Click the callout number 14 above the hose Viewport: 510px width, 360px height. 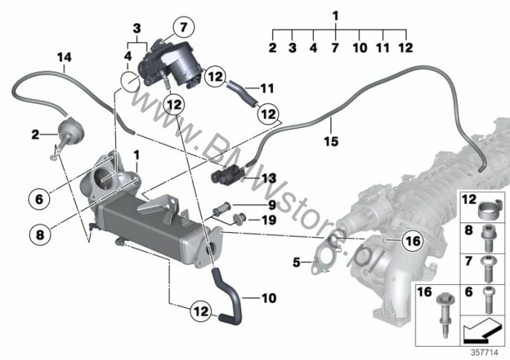(x=64, y=57)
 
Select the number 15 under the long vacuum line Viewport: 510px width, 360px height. (x=331, y=141)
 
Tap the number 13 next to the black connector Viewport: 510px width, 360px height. (x=269, y=179)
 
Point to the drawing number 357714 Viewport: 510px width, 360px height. (x=485, y=353)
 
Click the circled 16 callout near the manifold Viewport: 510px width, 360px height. (x=413, y=241)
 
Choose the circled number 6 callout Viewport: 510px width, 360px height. (x=39, y=199)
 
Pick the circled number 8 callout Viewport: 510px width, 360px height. (x=40, y=235)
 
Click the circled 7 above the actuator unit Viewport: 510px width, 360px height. (x=184, y=27)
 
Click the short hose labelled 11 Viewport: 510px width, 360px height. (x=242, y=93)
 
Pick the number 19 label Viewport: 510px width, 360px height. (x=269, y=220)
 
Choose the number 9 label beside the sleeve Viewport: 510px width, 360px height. (x=272, y=205)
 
